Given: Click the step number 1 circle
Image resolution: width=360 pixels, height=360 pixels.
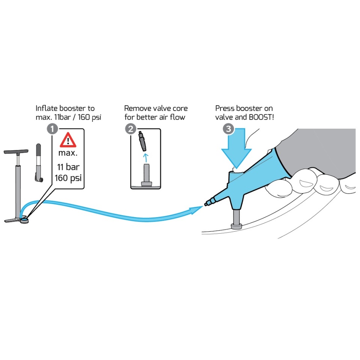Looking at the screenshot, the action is [52, 129].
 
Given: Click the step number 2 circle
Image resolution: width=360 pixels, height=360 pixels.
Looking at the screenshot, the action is [130, 129].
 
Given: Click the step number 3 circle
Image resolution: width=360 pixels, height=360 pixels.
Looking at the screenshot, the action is [228, 129].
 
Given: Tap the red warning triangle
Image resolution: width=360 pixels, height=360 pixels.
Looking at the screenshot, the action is [68, 140].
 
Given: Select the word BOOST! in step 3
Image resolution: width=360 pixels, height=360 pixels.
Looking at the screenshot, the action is [261, 117].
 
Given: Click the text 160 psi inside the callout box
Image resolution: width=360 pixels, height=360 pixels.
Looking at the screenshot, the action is [68, 178].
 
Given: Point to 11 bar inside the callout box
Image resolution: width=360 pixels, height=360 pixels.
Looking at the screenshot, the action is [68, 167].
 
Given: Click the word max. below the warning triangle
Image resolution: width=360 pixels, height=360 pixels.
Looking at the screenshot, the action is [68, 153].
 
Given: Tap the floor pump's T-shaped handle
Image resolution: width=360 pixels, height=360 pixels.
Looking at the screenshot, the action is [16, 152].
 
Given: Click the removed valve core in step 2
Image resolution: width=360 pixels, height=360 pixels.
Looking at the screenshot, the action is [142, 141].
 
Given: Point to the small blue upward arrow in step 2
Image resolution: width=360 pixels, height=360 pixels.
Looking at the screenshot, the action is [145, 158].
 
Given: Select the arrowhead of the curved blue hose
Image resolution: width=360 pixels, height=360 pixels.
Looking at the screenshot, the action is [196, 210].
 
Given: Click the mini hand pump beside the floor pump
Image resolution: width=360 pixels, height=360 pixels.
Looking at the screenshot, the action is [39, 163].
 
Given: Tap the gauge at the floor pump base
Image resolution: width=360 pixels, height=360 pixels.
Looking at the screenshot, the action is [24, 220].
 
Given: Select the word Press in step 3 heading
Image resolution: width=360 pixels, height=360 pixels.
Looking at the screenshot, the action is [225, 108].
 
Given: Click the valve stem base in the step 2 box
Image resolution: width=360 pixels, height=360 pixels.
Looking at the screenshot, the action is [147, 184].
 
